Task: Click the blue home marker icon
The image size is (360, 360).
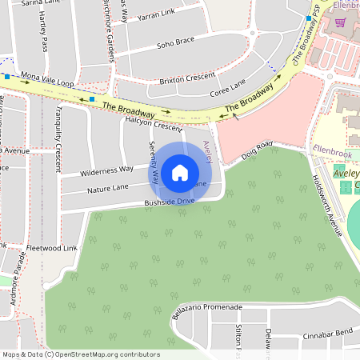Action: pos(180,172)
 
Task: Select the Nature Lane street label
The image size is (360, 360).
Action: pos(108,188)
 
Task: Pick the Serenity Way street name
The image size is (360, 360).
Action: pos(153,162)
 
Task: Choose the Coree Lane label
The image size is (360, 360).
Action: pos(226,88)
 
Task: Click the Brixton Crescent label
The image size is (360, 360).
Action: pos(187,78)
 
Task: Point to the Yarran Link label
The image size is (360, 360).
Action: pos(155,14)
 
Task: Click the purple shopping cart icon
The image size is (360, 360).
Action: pos(340,22)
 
